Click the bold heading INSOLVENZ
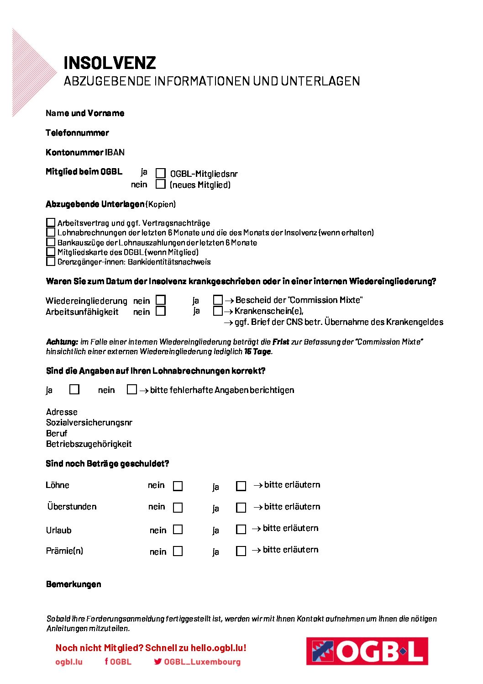tap(110, 63)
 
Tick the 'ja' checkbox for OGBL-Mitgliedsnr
tap(161, 173)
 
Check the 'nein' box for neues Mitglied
tap(160, 184)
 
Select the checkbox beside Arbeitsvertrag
tap(51, 223)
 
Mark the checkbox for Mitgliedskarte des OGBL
tap(51, 252)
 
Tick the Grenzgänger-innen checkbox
tap(51, 262)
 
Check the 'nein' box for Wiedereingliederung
tap(161, 300)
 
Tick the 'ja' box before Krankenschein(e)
tap(218, 311)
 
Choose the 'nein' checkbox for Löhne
tap(178, 486)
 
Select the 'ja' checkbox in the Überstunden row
tap(241, 508)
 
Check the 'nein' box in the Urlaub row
tap(178, 530)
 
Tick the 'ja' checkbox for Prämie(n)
tap(241, 551)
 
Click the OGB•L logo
tap(367, 651)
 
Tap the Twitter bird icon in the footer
tap(158, 661)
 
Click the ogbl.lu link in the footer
tap(69, 662)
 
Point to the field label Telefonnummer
tap(77, 133)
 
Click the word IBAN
tap(115, 152)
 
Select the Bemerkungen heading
tap(73, 584)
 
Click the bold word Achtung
tap(62, 342)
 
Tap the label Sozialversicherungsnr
tap(89, 423)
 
